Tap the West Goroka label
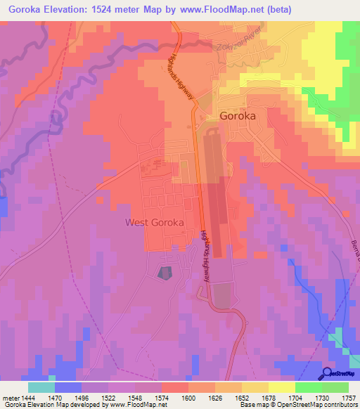click(154, 222)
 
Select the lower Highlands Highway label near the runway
click(206, 256)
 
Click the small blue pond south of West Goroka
click(165, 273)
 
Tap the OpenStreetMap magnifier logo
click(328, 373)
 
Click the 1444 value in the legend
click(29, 397)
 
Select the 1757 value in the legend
click(348, 397)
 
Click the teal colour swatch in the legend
click(41, 387)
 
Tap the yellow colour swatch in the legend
click(282, 387)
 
